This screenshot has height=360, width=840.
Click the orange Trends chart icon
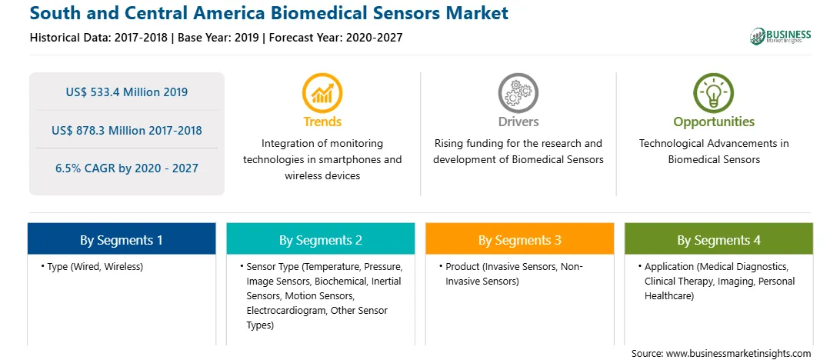pos(322,92)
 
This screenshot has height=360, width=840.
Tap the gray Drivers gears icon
pos(518,92)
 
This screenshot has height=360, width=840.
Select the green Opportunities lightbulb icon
pos(714,92)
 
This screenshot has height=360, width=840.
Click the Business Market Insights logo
pos(781,36)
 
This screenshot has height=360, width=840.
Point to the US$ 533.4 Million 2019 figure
pos(127,92)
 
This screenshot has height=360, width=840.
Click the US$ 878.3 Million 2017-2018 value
pos(127,130)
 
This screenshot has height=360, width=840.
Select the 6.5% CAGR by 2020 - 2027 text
pos(127,168)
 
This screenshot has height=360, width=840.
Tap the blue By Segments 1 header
pos(122,239)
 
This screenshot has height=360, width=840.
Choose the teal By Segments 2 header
pos(320,239)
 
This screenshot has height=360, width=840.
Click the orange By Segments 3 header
pos(520,239)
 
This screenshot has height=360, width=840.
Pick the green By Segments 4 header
pos(719,239)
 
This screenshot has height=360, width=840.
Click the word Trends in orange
pos(322,122)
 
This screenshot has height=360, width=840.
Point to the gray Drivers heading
pos(518,122)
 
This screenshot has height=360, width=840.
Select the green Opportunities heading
pos(714,122)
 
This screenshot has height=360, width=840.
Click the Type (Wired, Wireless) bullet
pos(92,267)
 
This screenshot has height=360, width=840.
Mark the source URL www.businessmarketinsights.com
pos(738,353)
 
